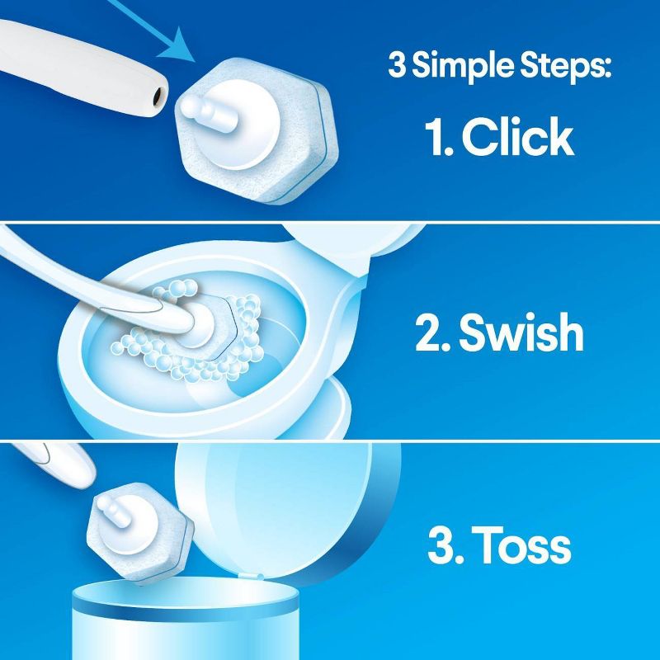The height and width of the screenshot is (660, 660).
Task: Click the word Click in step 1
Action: pyautogui.click(x=517, y=138)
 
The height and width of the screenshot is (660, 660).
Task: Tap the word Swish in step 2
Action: pyautogui.click(x=521, y=334)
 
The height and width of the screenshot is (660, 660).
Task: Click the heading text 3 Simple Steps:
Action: pyautogui.click(x=499, y=65)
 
